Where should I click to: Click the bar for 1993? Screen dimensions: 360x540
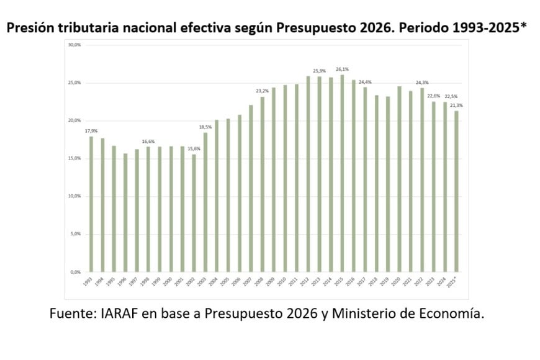(x=91, y=204)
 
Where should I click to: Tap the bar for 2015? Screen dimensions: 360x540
(x=341, y=173)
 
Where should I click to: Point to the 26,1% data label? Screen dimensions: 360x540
(x=341, y=69)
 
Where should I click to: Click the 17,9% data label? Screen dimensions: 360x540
(x=91, y=130)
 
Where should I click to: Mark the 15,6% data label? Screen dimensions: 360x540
(x=193, y=148)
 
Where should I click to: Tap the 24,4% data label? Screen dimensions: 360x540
(x=364, y=82)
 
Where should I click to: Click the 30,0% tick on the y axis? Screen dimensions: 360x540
(x=74, y=45)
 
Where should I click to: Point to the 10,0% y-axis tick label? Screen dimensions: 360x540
(x=74, y=196)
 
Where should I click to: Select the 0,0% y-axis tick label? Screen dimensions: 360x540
(x=75, y=272)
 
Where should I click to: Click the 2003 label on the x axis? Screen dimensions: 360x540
(x=203, y=281)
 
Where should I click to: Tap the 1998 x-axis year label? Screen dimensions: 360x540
(x=146, y=281)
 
